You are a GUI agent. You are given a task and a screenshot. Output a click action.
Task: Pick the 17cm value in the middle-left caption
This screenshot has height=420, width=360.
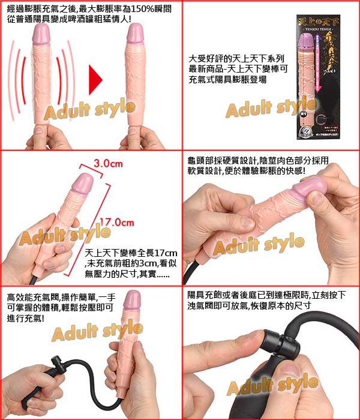[169, 252]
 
